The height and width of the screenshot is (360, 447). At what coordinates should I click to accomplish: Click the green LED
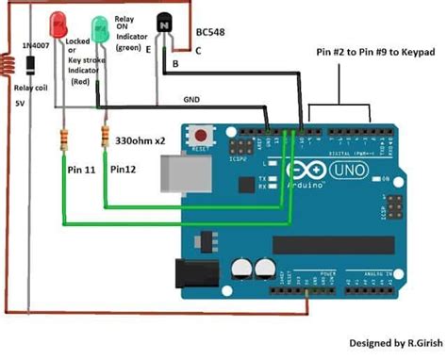100,26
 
